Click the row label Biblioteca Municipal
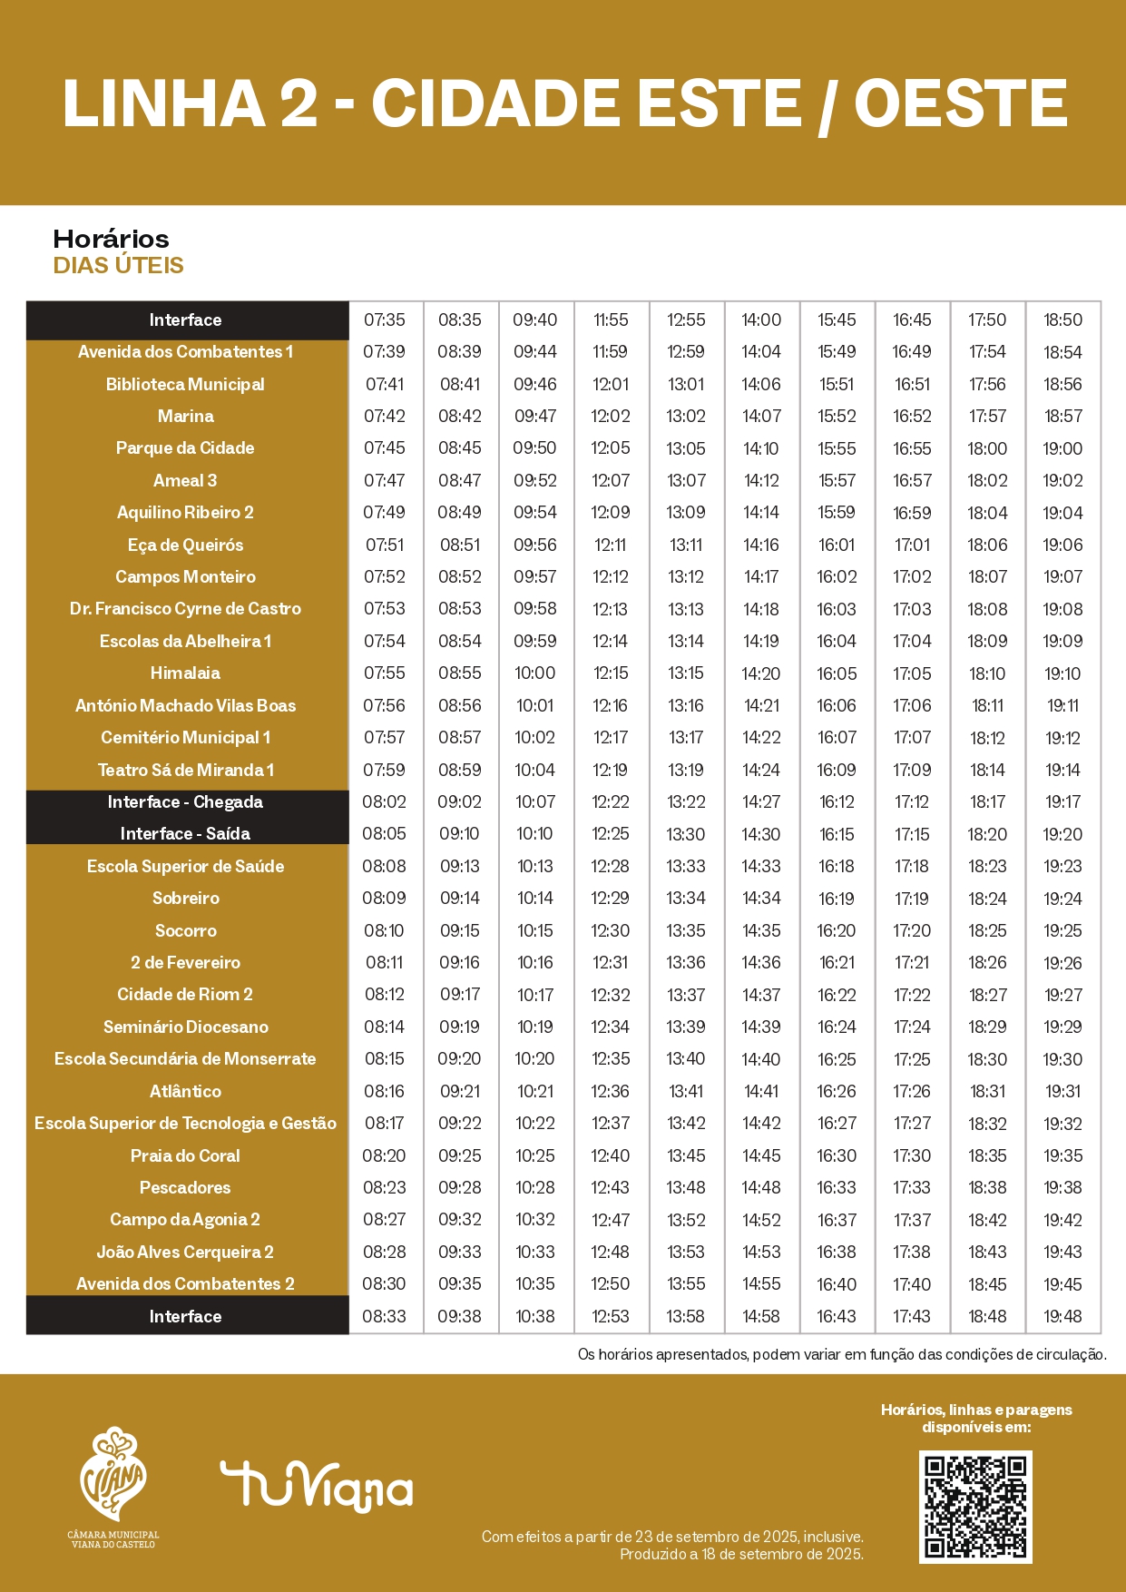tap(185, 384)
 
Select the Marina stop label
tap(185, 416)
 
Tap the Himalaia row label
tap(185, 673)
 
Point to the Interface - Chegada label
tap(185, 801)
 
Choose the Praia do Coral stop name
tap(185, 1155)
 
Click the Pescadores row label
tap(185, 1187)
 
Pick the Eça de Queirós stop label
tap(185, 545)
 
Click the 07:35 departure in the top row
tap(385, 319)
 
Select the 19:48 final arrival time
tap(1062, 1316)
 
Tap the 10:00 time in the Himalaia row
tap(535, 673)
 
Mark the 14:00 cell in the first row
tap(761, 319)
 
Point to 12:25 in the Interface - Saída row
tap(611, 833)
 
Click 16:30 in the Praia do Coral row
tap(837, 1155)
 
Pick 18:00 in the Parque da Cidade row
tap(987, 448)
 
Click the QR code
tap(975, 1507)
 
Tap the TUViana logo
tap(316, 1487)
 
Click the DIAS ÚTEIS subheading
tap(118, 265)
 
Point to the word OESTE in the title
tap(960, 103)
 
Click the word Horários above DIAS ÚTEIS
tap(111, 239)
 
